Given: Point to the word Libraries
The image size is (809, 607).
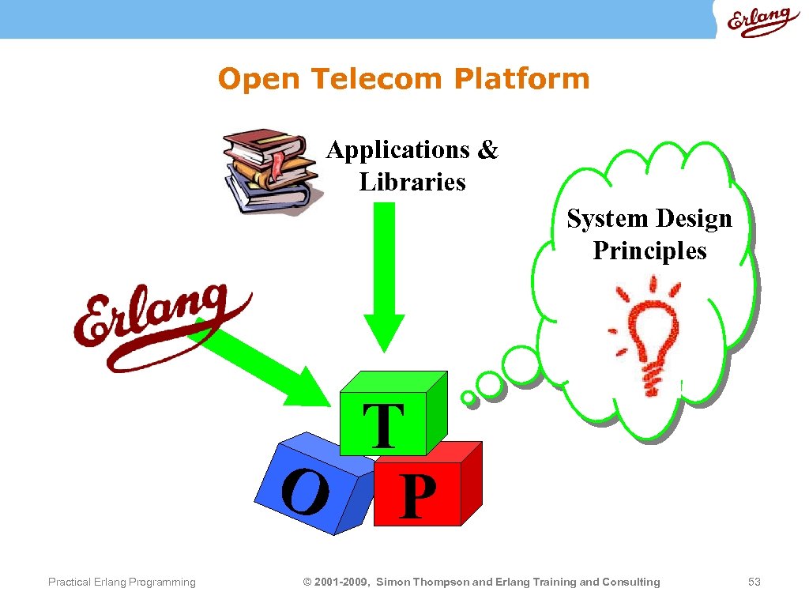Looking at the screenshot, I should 412,183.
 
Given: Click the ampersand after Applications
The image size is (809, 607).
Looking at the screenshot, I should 488,150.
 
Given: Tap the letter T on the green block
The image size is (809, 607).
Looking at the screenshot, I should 384,424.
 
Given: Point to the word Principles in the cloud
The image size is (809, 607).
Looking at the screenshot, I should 649,251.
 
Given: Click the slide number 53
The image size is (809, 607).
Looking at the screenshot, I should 754,582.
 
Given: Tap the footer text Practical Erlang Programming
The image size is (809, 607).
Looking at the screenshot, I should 122,582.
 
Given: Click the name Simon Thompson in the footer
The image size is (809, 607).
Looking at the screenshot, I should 422,582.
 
